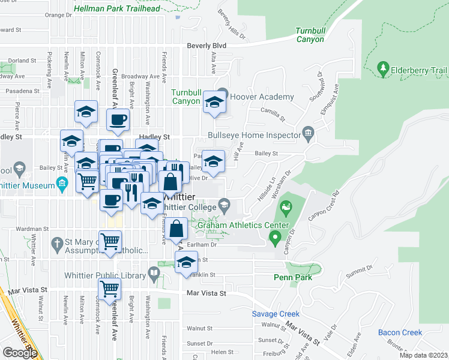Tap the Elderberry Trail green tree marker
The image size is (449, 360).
pos(383,69)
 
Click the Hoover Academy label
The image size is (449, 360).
pos(262,97)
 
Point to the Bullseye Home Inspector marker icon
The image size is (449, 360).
pos(309,132)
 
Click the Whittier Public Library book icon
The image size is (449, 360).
pos(154,275)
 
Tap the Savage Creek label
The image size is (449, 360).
pos(275,314)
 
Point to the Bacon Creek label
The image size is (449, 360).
pos(400,332)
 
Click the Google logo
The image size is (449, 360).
pos(20,353)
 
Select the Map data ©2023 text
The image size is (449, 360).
pos(423,355)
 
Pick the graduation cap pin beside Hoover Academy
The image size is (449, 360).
pos(213,101)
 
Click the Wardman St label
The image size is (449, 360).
pos(32,229)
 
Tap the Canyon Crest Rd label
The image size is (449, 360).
pos(325,206)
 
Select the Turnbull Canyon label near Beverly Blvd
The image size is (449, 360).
pos(310,35)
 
